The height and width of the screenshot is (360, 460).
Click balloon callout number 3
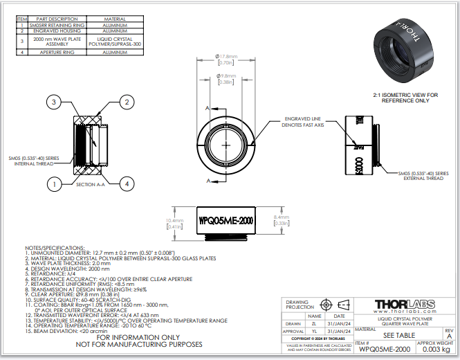click(53, 102)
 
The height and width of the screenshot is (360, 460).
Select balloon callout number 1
click(53, 183)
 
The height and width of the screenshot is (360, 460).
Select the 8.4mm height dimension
click(282, 220)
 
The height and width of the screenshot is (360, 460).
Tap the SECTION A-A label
click(90, 186)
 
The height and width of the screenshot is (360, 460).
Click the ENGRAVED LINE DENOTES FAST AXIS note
click(304, 122)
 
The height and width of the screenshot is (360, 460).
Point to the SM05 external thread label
click(423, 176)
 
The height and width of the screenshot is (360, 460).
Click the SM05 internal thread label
click(34, 161)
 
